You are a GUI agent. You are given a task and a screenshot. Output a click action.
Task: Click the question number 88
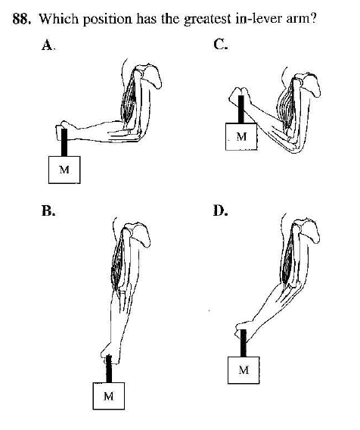22,19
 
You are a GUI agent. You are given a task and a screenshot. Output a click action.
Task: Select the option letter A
48,45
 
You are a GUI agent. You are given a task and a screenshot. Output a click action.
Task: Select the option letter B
48,211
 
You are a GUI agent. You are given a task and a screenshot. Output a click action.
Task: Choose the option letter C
220,44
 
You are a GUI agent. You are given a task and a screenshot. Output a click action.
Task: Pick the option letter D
220,210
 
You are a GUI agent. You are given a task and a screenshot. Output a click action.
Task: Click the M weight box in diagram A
64,170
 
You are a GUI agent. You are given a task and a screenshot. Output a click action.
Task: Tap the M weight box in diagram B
109,396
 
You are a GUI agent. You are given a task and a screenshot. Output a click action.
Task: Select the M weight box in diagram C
241,136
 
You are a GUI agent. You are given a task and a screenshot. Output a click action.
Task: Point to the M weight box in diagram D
244,370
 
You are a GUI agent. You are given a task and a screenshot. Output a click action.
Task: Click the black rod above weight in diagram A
64,142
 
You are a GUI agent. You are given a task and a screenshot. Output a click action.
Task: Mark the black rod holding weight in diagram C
241,109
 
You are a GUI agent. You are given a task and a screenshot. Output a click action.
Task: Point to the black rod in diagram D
244,343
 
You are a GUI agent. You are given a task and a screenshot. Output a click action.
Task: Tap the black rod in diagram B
109,369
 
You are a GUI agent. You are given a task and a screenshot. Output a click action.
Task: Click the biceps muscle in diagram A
129,98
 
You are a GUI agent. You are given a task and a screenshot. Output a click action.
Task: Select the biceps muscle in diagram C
287,106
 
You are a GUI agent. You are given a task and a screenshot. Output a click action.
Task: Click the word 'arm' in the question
300,20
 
